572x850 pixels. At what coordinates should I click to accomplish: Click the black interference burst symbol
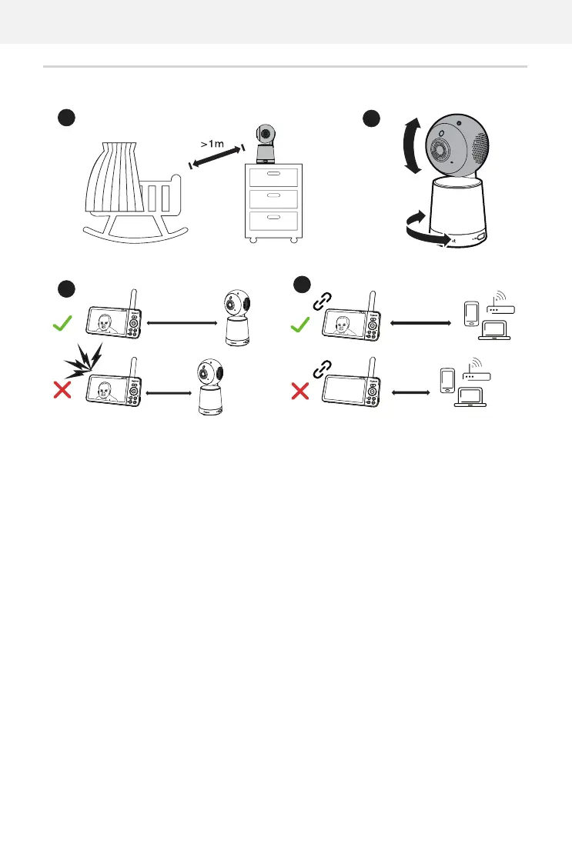click(83, 359)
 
